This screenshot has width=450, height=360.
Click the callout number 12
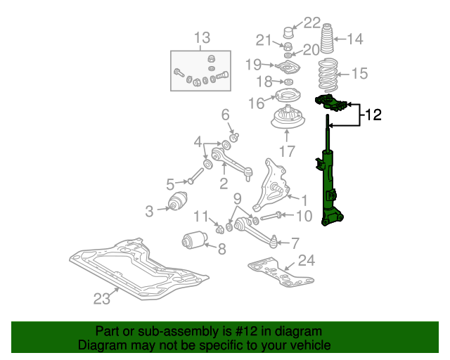(373, 115)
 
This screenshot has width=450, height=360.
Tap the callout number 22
(311, 22)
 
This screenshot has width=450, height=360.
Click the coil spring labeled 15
(328, 73)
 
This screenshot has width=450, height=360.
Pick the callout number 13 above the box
(202, 37)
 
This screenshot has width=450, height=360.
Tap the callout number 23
(102, 299)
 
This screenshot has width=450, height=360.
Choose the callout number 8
(221, 248)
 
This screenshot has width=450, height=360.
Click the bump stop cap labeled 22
(288, 33)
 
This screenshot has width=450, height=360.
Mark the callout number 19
(253, 65)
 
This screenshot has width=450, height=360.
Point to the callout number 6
(226, 114)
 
